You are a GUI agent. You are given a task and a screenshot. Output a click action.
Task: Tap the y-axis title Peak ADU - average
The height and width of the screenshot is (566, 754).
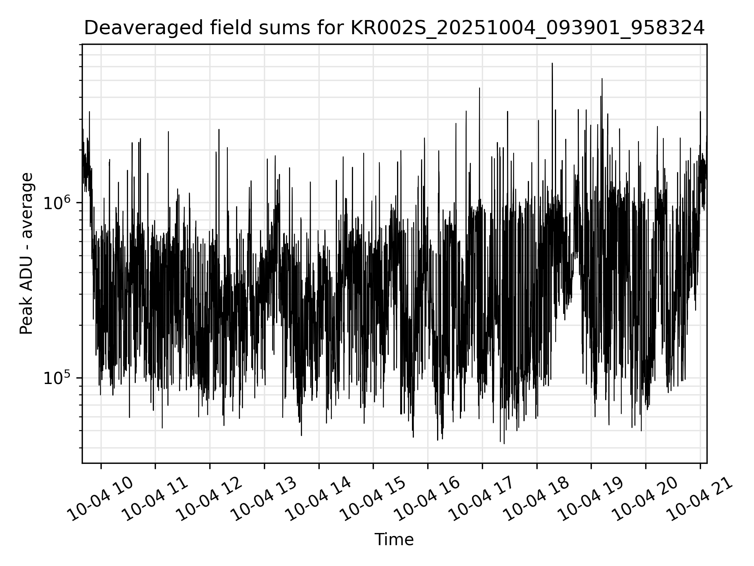pyautogui.click(x=26, y=254)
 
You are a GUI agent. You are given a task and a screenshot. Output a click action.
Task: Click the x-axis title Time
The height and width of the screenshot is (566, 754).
pyautogui.click(x=394, y=540)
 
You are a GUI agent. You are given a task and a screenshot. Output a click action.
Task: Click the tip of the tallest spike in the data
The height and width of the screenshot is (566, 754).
pyautogui.click(x=552, y=63)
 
